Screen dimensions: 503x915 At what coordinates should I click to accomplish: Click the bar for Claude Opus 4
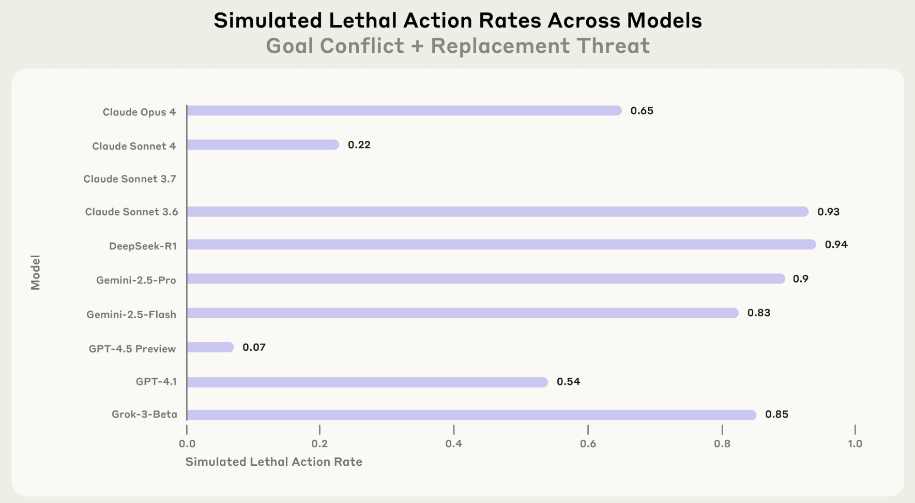(404, 111)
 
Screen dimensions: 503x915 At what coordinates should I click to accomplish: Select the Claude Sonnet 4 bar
(263, 145)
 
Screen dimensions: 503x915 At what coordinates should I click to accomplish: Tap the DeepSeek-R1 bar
(501, 244)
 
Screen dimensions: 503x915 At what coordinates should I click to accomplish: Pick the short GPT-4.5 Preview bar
(210, 347)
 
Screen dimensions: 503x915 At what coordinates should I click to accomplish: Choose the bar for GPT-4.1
(367, 382)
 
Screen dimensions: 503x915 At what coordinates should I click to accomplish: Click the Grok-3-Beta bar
(471, 415)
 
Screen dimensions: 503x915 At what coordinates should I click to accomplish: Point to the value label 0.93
(828, 212)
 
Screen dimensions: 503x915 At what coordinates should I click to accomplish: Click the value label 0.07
(254, 347)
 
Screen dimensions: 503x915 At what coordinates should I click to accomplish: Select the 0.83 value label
(758, 313)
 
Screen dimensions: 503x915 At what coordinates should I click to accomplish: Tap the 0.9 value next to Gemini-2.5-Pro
(800, 279)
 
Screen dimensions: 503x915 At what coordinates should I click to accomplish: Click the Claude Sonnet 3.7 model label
(130, 179)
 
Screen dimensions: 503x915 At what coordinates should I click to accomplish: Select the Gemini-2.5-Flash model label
(131, 315)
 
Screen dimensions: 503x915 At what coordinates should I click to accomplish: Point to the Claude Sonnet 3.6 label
(131, 212)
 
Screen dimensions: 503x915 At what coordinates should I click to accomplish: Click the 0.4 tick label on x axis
(453, 443)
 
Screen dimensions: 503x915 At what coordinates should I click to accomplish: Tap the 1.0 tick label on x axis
(855, 443)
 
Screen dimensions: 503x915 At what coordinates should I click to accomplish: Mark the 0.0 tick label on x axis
(187, 443)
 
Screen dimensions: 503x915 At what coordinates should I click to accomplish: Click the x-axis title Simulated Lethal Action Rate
(273, 462)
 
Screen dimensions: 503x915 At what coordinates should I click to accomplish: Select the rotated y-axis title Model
(35, 272)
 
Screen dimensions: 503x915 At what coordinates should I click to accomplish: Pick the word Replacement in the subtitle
(500, 46)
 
